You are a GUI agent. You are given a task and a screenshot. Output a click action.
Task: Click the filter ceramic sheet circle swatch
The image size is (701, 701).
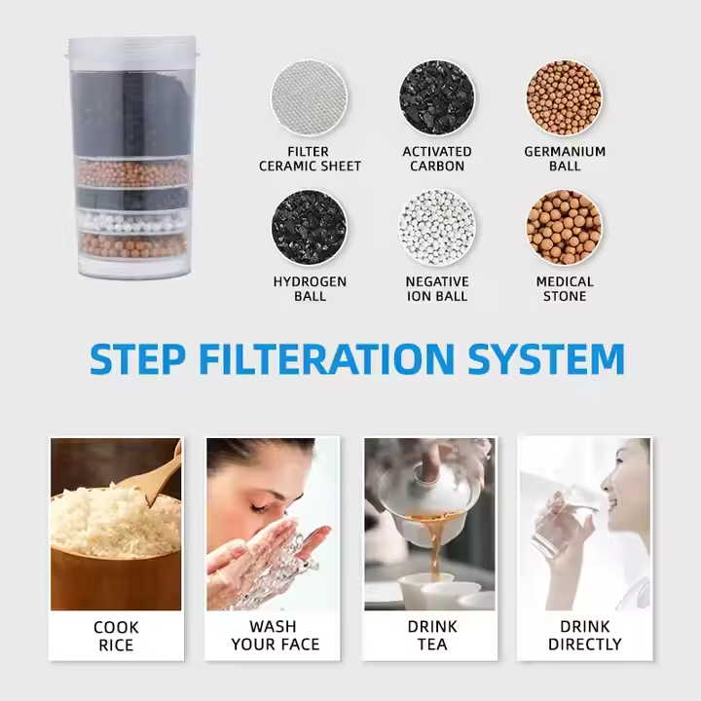(x=309, y=98)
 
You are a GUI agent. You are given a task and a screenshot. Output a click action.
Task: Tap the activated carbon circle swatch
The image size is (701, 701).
(x=437, y=98)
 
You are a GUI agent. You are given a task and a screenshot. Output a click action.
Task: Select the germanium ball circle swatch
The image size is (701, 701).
(x=564, y=98)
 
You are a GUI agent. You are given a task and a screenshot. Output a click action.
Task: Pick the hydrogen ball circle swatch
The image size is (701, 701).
(x=309, y=228)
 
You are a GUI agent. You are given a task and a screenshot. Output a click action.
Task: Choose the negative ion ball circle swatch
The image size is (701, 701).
(x=437, y=228)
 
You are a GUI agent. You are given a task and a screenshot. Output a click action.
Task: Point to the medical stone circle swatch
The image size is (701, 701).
(x=564, y=228)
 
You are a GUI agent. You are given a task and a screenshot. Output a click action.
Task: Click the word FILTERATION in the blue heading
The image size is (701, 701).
(x=327, y=358)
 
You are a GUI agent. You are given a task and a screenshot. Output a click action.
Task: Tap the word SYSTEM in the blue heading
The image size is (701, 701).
(x=546, y=358)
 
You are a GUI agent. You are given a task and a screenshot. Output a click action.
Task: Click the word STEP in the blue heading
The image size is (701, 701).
(x=137, y=358)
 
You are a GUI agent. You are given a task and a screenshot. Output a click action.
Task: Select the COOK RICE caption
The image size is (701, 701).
(x=116, y=636)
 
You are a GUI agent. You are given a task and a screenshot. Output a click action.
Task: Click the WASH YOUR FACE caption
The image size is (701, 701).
(x=275, y=635)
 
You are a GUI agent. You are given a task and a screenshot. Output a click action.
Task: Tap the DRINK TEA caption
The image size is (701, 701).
(x=432, y=635)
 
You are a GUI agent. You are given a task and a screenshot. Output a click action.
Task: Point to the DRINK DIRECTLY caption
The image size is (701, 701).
(x=585, y=635)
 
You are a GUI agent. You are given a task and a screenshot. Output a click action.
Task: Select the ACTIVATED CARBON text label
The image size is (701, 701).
(x=437, y=159)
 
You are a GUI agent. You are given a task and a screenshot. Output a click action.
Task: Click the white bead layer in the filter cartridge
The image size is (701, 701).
(x=133, y=220)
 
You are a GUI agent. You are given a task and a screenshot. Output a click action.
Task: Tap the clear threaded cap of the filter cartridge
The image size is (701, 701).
(x=132, y=48)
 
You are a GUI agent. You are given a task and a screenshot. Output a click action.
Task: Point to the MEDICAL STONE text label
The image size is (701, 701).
(x=565, y=289)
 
